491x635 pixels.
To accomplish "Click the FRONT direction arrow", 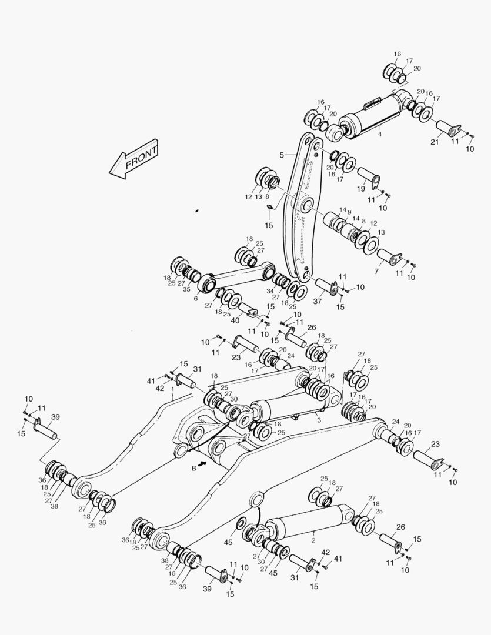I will [x=134, y=159].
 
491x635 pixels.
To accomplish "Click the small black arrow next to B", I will [x=203, y=463].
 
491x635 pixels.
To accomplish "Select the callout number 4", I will [x=379, y=135].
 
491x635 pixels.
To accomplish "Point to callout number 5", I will [x=282, y=155].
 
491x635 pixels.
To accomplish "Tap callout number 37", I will [x=318, y=302].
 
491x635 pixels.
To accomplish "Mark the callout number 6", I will [x=195, y=299].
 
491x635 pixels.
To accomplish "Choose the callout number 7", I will [x=377, y=271].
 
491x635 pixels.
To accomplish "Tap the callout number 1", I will [x=172, y=389].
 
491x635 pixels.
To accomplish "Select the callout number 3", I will [x=318, y=420].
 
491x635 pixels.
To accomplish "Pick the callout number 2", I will [x=313, y=539].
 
